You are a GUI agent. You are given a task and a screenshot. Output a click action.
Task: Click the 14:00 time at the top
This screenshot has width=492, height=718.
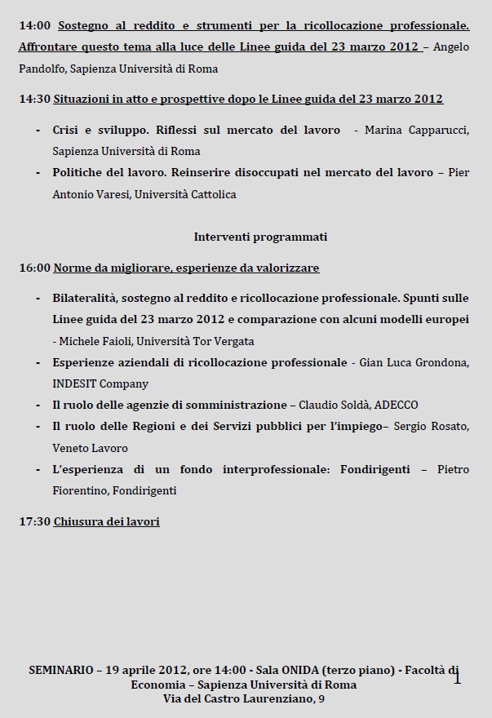(x=33, y=25)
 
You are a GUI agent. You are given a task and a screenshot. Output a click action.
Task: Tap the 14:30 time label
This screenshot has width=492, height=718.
(x=33, y=99)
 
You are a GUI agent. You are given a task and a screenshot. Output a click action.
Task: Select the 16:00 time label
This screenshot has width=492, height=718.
(x=33, y=268)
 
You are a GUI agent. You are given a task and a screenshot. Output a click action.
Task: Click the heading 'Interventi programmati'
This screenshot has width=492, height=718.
(x=260, y=237)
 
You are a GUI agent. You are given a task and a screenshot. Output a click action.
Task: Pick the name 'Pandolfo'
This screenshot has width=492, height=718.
(x=41, y=69)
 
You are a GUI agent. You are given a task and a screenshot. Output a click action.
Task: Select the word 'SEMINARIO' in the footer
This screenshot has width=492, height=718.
(x=61, y=669)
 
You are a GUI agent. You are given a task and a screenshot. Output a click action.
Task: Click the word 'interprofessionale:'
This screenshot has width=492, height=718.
(x=273, y=470)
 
